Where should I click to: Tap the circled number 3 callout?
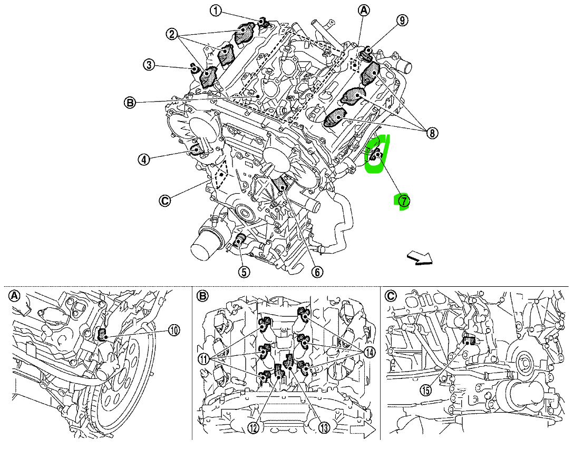pos(150,65)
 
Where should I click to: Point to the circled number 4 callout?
pos(143,159)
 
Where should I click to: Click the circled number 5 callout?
pos(243,272)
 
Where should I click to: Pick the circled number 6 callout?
pos(317,272)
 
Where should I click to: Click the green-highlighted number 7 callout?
pos(403,201)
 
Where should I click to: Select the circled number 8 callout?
pos(432,133)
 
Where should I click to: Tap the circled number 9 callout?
pos(402,21)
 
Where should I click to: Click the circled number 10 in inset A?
pos(174,330)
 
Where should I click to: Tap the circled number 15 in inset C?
pos(426,390)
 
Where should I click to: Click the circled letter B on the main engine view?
pos(130,102)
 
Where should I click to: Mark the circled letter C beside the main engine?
pos(165,200)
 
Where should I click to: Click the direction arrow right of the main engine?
pos(420,257)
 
